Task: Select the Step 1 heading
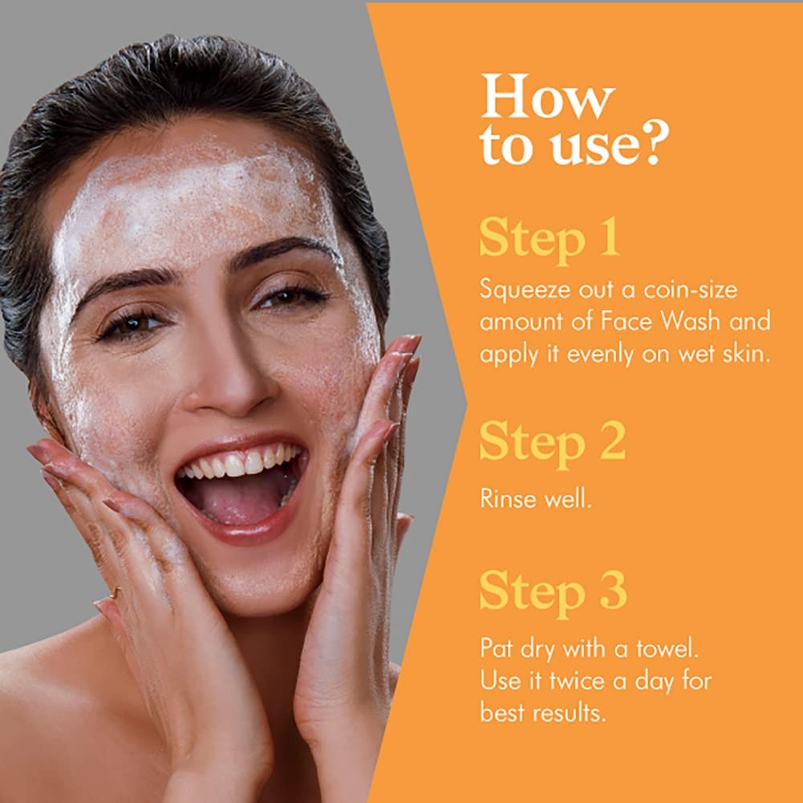(x=550, y=238)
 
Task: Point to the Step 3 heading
(x=553, y=592)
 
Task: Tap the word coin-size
(x=690, y=290)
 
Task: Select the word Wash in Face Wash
(x=691, y=321)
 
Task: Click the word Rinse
(x=508, y=498)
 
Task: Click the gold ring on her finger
(x=116, y=594)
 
